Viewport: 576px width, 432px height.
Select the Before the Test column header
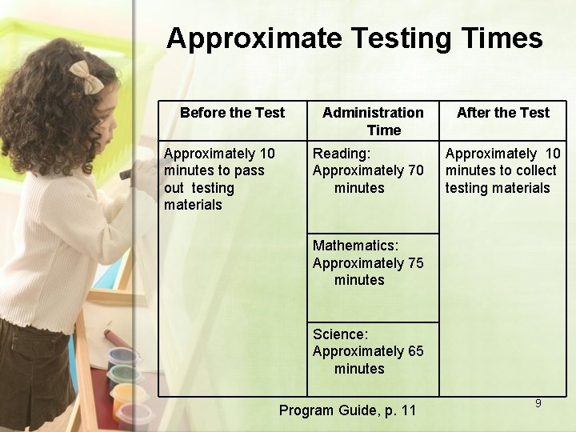pyautogui.click(x=232, y=113)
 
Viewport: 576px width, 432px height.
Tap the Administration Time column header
pyautogui.click(x=373, y=121)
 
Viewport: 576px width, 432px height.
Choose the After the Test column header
pyautogui.click(x=503, y=113)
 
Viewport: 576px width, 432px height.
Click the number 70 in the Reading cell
pyautogui.click(x=415, y=170)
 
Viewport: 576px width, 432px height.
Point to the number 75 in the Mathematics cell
pyautogui.click(x=415, y=263)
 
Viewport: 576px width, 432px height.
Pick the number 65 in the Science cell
pyautogui.click(x=415, y=351)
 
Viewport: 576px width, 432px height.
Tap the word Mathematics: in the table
pyautogui.click(x=355, y=246)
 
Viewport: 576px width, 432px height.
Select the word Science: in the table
pyautogui.click(x=340, y=334)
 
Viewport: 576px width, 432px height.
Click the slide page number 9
pyautogui.click(x=538, y=403)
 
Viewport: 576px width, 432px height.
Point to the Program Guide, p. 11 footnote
pyautogui.click(x=347, y=410)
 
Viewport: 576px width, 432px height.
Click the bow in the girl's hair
pyautogui.click(x=85, y=76)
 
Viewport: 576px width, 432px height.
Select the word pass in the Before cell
pyautogui.click(x=249, y=170)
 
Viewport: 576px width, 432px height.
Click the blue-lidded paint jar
pyautogui.click(x=122, y=357)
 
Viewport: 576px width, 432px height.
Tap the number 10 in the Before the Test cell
pyautogui.click(x=266, y=154)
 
